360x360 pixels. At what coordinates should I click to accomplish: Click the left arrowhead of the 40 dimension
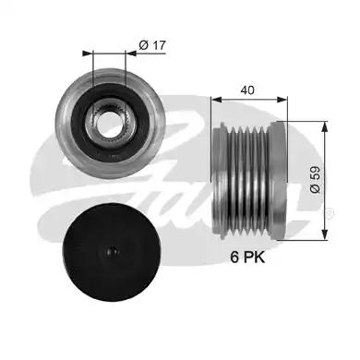[x=214, y=100]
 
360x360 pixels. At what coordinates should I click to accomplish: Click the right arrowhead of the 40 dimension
[x=286, y=100]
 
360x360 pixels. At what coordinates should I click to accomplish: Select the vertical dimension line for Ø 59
[x=325, y=180]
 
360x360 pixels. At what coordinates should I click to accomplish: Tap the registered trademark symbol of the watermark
[x=331, y=211]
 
